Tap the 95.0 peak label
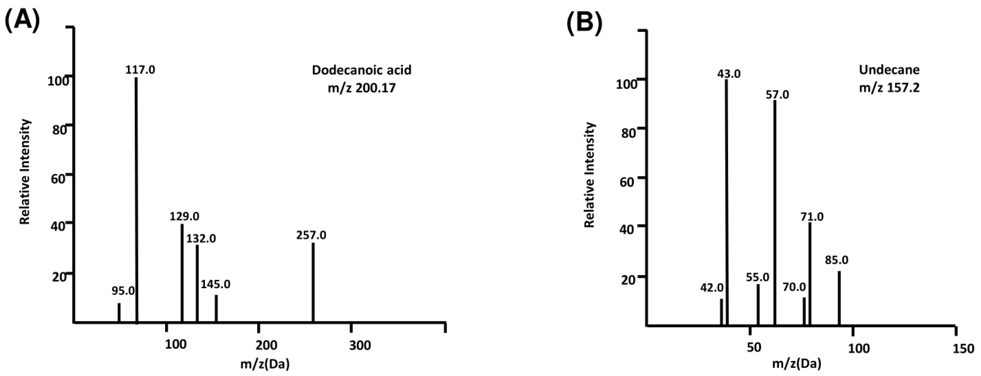pyautogui.click(x=123, y=291)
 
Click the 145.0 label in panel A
pyautogui.click(x=215, y=284)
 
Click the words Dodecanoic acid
pyautogui.click(x=361, y=70)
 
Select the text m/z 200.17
pyautogui.click(x=361, y=88)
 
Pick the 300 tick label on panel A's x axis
pyautogui.click(x=360, y=345)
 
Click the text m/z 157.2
pyautogui.click(x=889, y=88)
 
